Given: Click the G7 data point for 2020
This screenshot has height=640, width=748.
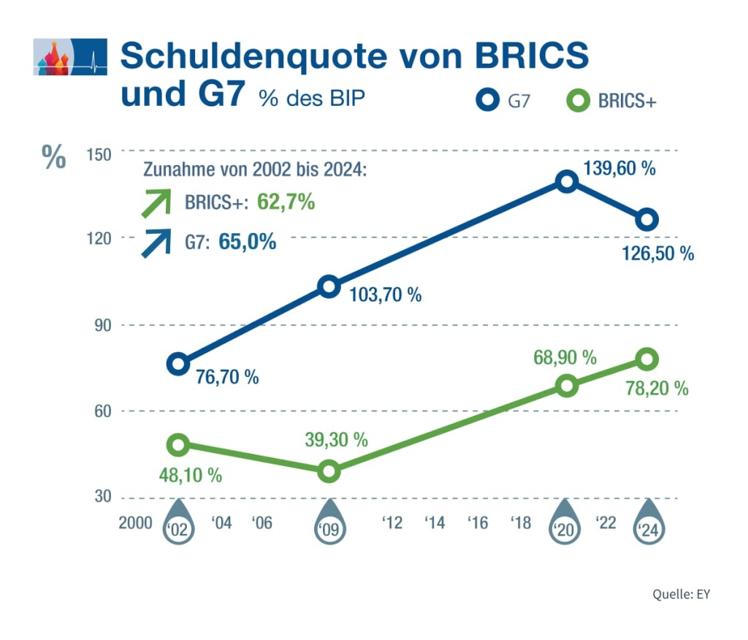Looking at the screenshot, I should (x=566, y=181).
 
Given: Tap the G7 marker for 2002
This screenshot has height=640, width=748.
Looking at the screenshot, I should (x=178, y=363).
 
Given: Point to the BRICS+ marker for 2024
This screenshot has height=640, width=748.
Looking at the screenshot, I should (x=647, y=359).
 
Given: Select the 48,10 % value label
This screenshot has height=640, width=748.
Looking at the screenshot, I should (x=190, y=475).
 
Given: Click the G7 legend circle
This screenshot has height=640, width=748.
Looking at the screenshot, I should (x=488, y=101).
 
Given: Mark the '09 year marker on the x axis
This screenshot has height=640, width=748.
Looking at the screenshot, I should (x=329, y=528).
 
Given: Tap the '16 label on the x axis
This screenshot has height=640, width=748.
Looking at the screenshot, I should (x=478, y=523).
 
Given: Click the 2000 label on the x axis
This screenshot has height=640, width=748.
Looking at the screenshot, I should (x=135, y=523).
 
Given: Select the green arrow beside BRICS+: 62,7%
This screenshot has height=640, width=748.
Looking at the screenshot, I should (x=156, y=203).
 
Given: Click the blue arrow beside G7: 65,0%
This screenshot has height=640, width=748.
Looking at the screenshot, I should (x=156, y=242).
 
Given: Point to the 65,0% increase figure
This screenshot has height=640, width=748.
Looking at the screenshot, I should (x=248, y=242).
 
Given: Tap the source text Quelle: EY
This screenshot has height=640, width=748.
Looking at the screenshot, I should (x=681, y=594).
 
